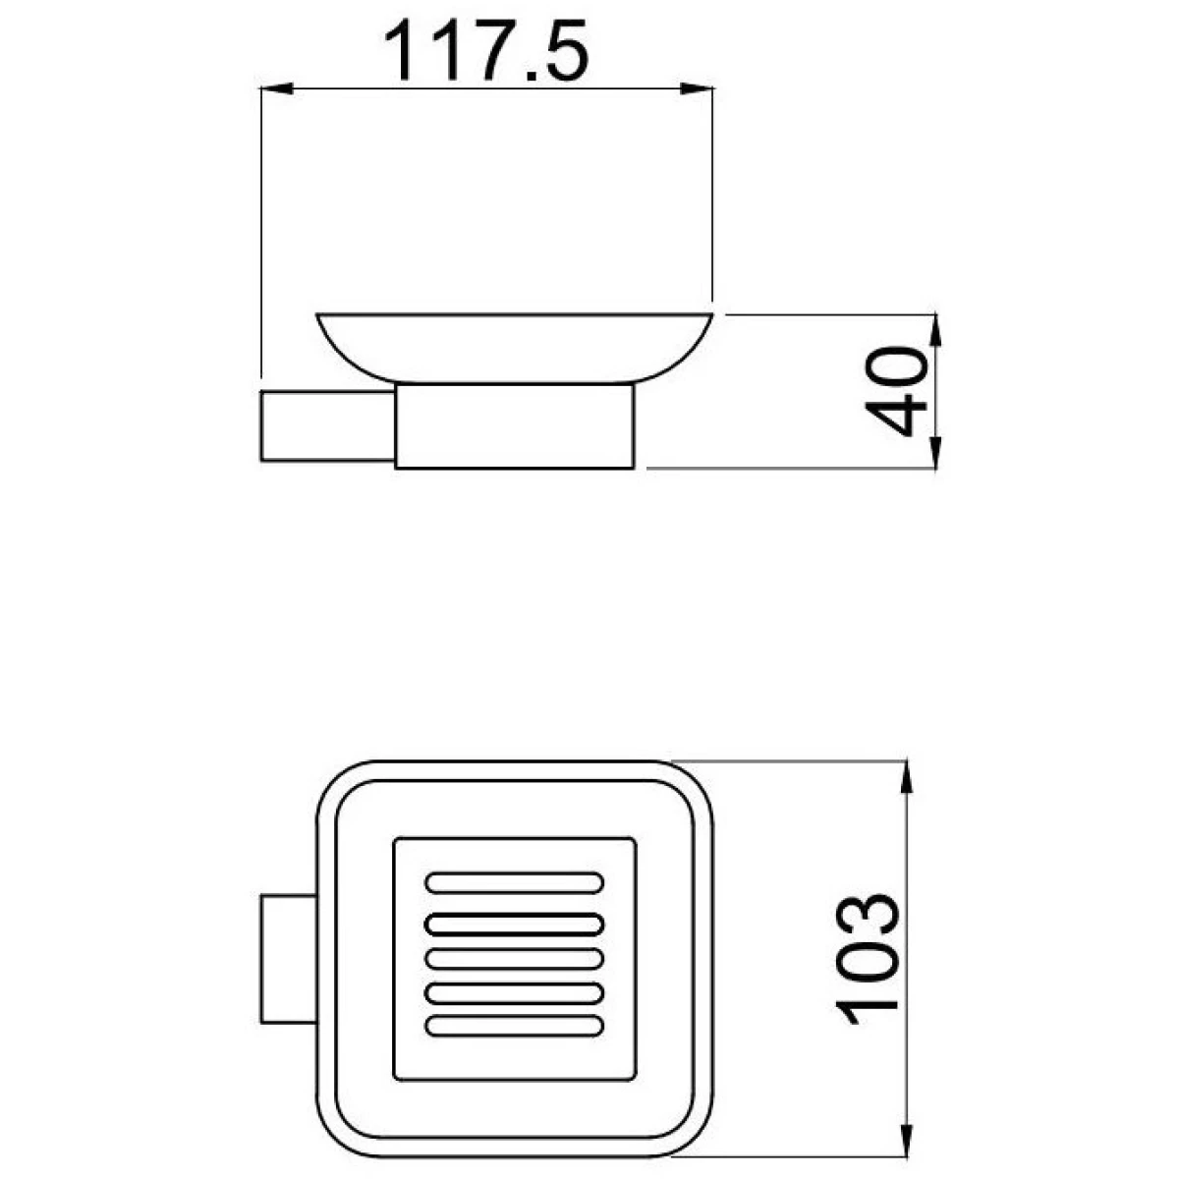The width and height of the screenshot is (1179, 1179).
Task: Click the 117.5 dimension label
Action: [486, 50]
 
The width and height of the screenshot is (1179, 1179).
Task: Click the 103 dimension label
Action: [867, 959]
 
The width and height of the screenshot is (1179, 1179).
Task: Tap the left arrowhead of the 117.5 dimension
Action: [277, 89]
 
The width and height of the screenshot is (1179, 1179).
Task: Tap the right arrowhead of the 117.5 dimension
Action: [698, 89]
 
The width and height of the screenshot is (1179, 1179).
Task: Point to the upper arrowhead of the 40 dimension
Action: [935, 331]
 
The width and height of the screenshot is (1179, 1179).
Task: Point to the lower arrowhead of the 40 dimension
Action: [935, 453]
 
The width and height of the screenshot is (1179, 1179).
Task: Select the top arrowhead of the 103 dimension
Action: [908, 777]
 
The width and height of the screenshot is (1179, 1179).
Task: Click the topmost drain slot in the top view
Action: [515, 883]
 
